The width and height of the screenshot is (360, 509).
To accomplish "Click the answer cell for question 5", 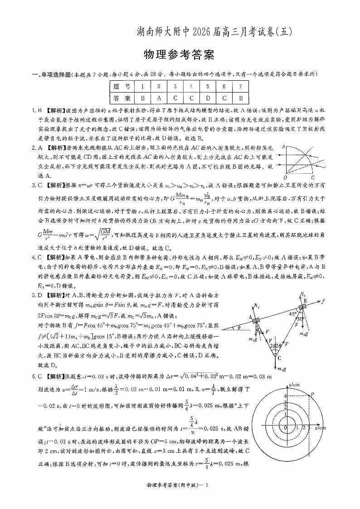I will pos(208,98).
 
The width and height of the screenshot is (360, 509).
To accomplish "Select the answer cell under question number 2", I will pos(159,98).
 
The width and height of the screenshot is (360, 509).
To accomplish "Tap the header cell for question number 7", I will pos(241,86).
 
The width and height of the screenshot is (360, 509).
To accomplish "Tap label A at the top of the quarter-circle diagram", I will pos(283,147).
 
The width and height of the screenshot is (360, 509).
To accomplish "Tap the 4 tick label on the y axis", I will pos(285,396).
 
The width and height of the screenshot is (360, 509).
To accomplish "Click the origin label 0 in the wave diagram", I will pos(285,428).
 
